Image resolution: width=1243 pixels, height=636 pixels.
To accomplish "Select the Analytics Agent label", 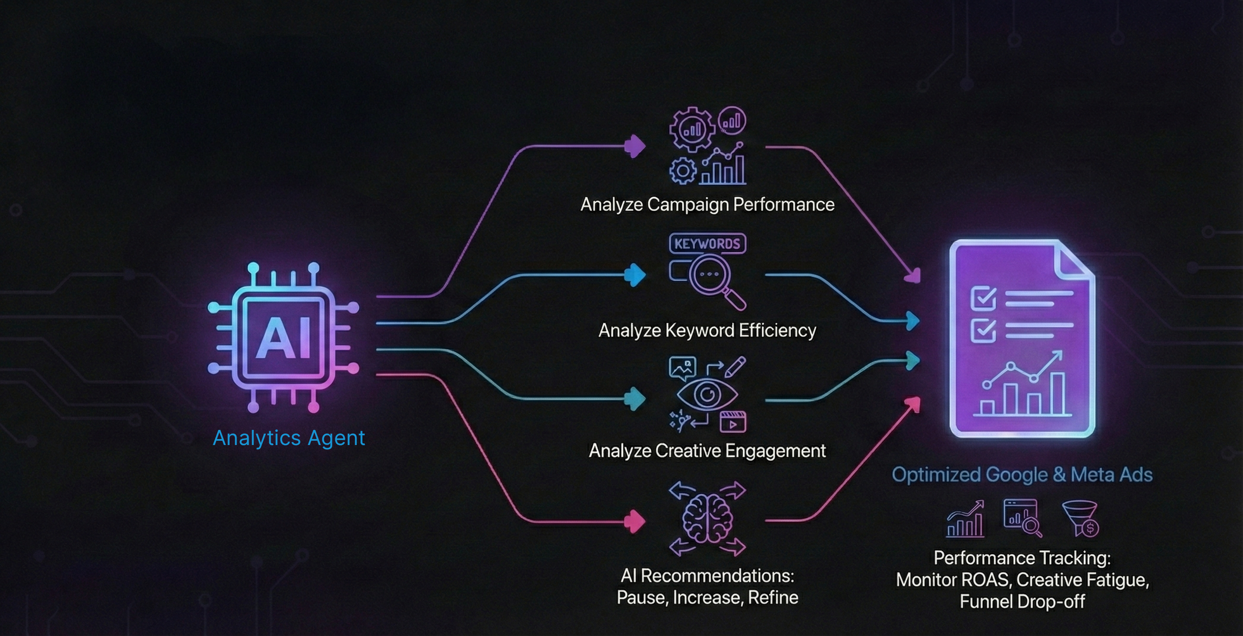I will pos(289,438).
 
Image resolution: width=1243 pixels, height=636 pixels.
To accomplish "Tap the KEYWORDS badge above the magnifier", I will pos(707,243).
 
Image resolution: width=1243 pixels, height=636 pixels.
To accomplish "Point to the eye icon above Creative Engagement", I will pos(707,394).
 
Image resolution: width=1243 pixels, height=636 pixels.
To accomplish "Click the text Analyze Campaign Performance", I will pos(707,204).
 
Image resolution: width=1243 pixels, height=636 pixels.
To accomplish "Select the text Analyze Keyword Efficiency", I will pos(707,331).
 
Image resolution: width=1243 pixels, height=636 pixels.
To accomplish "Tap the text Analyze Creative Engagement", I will pos(707,451).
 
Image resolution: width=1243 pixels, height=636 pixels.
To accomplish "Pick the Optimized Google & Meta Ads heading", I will pos(1022,475).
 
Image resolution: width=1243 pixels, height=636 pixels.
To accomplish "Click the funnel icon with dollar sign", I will pos(1081,518).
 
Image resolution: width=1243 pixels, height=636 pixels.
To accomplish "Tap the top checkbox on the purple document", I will pos(983,297).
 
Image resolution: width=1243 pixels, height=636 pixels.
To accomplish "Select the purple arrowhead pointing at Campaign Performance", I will pos(635,146).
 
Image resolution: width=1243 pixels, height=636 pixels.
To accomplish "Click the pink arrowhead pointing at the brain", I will pos(634,522).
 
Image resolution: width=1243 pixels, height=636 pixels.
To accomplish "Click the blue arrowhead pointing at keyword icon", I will pos(635,275).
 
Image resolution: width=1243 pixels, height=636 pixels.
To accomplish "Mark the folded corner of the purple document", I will pos(1074,261).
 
